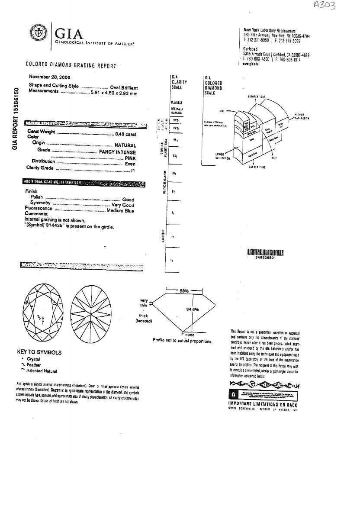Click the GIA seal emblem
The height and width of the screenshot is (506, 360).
38,33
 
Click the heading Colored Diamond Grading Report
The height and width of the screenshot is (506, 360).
71,66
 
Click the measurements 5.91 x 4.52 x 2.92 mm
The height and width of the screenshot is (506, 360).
113,93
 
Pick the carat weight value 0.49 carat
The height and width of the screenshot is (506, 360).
125,134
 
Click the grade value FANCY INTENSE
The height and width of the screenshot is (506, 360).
117,152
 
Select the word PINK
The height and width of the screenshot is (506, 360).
130,158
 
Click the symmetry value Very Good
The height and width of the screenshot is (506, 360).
123,205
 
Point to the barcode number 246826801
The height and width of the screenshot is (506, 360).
265,258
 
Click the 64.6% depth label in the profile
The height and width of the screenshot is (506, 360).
192,309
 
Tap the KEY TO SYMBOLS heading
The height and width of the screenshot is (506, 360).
39,352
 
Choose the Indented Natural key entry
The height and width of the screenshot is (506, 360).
42,371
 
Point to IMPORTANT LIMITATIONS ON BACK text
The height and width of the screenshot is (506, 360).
263,404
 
